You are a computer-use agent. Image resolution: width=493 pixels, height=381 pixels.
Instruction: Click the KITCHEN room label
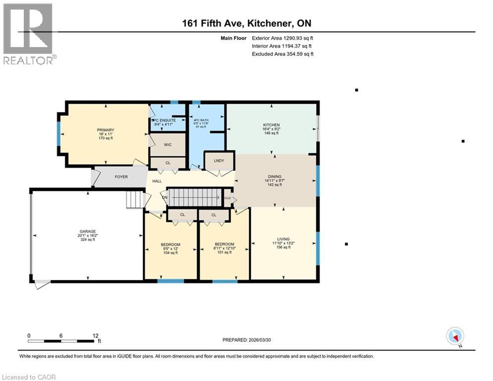pos(271,125)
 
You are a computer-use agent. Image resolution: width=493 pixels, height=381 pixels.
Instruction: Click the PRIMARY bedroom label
pos(105,130)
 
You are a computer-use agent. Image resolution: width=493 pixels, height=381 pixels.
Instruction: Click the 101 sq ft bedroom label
pos(224,245)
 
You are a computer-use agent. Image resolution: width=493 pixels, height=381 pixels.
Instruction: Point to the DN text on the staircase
pos(165,197)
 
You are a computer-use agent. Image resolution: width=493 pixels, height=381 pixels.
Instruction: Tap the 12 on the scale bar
pos(95,335)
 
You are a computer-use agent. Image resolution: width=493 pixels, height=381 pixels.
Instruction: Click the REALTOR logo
pos(29,34)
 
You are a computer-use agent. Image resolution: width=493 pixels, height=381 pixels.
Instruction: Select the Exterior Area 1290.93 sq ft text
pos(283,38)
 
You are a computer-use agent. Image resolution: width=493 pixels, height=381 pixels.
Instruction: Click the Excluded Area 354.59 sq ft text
pos(283,54)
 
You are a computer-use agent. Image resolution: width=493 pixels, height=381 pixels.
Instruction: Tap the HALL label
pos(157,182)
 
